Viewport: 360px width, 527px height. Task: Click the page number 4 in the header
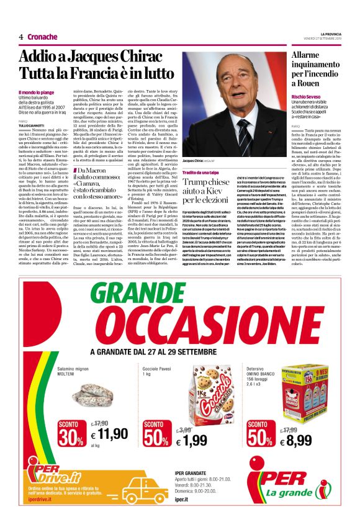pos(20,37)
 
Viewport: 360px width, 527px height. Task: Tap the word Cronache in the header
pos(42,37)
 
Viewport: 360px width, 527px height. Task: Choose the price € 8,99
pos(298,440)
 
